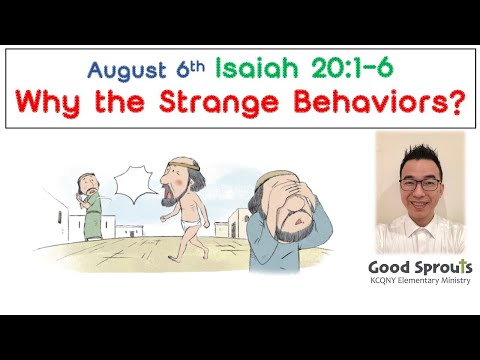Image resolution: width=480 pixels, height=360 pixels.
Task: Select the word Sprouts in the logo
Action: [444, 268]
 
